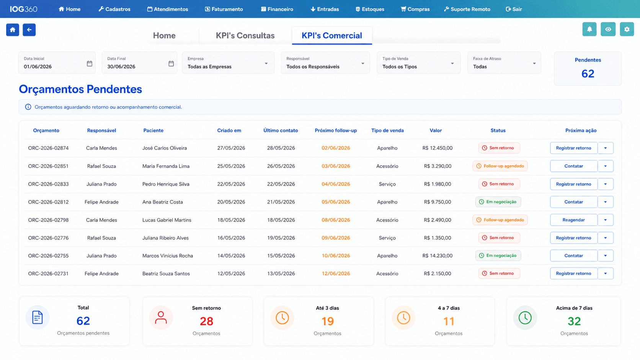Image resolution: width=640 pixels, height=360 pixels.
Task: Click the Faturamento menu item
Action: [x=224, y=9]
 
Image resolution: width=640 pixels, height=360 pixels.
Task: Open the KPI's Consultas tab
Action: [x=245, y=36]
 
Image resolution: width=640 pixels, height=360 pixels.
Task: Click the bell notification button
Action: [x=589, y=29]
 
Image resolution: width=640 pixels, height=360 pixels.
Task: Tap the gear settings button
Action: [x=627, y=29]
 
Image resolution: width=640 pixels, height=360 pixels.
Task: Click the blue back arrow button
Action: [x=29, y=30]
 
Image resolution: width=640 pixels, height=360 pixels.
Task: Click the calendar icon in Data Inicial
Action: [x=90, y=64]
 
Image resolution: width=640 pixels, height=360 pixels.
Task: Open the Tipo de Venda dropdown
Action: [x=418, y=63]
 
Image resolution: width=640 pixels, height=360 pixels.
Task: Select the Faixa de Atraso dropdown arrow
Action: [x=534, y=64]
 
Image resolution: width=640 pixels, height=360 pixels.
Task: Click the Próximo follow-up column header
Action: [x=336, y=130]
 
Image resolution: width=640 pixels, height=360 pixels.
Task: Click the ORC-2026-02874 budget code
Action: [x=48, y=148]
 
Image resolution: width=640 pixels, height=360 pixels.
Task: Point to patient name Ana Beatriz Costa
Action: [x=163, y=202]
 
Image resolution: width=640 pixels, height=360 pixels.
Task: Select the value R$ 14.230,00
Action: [x=438, y=256]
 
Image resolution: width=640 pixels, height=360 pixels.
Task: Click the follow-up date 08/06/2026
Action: [x=336, y=220]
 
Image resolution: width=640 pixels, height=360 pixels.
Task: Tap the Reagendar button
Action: [x=573, y=220]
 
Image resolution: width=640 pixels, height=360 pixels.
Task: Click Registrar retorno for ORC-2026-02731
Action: [x=573, y=274]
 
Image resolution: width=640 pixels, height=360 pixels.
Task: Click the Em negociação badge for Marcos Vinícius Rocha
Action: [x=498, y=256]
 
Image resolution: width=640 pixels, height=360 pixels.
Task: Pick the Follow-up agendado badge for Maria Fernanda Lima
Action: [x=500, y=166]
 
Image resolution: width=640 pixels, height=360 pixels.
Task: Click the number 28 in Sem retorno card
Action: [x=206, y=321]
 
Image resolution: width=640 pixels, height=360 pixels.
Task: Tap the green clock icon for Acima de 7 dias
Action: [x=525, y=318]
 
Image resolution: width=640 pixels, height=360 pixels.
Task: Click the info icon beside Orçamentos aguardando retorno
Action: [x=28, y=107]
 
